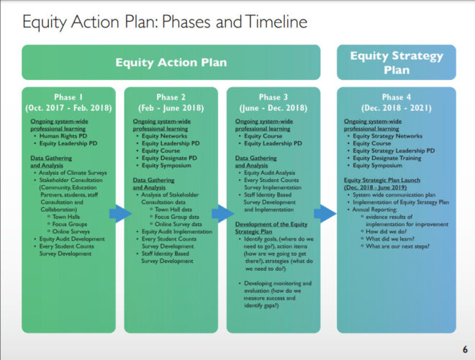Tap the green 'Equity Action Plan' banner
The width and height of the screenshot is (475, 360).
[171, 62]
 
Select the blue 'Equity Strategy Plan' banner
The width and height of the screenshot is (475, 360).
[396, 62]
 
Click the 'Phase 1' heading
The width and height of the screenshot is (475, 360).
[68, 97]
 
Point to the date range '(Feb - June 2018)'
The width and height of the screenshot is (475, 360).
[170, 107]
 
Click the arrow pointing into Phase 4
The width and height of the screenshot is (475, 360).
[325, 214]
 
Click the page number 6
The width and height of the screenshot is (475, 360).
[464, 348]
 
